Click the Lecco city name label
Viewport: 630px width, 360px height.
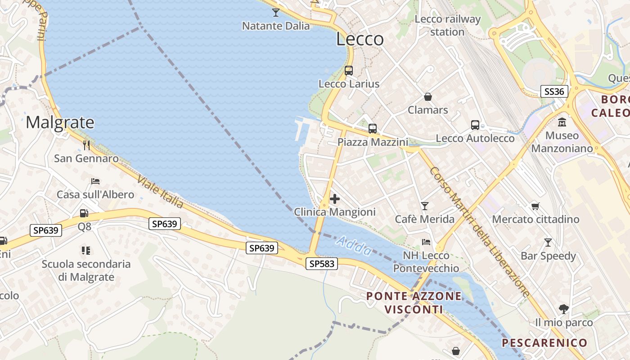[x=360, y=39]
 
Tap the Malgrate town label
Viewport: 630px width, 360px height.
[x=60, y=122]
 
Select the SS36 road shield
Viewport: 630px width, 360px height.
[x=554, y=91]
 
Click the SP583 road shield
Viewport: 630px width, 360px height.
[x=322, y=264]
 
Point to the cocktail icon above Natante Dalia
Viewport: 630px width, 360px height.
[x=276, y=13]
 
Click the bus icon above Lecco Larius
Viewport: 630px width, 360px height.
[x=349, y=71]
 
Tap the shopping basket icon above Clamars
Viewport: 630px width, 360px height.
[x=427, y=97]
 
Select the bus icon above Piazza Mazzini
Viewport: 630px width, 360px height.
[x=373, y=129]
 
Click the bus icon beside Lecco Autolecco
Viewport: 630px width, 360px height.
[x=475, y=125]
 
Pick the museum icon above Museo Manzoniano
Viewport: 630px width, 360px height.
[x=562, y=122]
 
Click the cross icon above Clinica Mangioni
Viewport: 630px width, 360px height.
[x=335, y=199]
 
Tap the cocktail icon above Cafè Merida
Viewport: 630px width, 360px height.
[x=425, y=206]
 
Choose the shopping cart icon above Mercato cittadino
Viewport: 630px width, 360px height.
[x=535, y=206]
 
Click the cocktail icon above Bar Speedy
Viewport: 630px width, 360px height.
[x=548, y=243]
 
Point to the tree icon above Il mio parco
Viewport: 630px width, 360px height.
[x=563, y=309]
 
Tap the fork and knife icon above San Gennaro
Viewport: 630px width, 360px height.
[x=86, y=145]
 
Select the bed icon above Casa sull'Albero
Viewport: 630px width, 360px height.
[x=95, y=181]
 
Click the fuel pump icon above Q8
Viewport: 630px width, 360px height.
[x=84, y=213]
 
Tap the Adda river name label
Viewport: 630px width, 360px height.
[x=354, y=246]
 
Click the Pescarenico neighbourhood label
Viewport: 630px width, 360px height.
[x=544, y=343]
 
